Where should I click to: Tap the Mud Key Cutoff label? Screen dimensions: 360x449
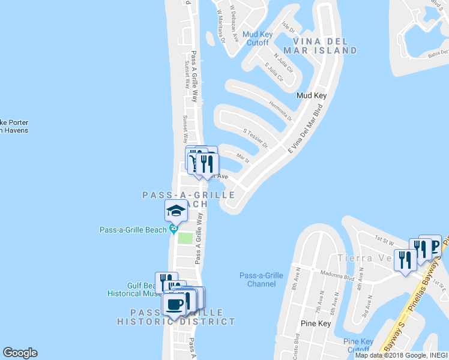[x=258, y=38]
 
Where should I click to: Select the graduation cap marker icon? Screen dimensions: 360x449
[x=176, y=211]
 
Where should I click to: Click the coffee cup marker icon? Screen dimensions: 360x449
[x=175, y=304]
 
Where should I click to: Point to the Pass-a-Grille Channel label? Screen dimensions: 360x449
[x=261, y=280]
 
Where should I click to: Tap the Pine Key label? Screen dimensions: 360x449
[x=313, y=323]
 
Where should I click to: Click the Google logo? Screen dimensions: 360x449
[x=20, y=353]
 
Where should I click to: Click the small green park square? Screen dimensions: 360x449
[x=185, y=238]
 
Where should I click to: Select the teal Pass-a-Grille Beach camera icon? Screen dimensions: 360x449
[x=173, y=228]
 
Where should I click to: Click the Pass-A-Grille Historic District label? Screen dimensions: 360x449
[x=183, y=317]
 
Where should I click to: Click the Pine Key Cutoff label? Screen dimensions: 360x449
[x=357, y=346]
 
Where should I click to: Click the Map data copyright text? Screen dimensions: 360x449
[x=401, y=355]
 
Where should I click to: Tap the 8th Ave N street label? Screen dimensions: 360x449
[x=297, y=283]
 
